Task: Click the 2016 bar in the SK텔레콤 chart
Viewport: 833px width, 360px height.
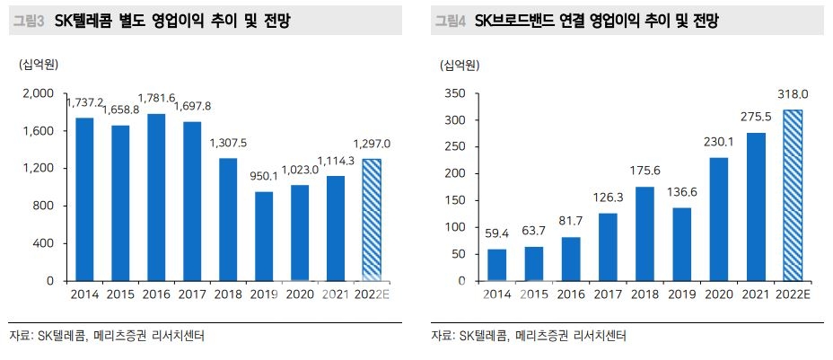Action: [155, 198]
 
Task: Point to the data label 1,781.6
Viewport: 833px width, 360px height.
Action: [155, 100]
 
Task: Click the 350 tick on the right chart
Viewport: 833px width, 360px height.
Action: [458, 94]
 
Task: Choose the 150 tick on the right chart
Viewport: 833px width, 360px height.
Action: [458, 200]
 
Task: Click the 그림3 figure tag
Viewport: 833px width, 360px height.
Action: [28, 20]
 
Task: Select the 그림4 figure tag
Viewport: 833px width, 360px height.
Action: [450, 20]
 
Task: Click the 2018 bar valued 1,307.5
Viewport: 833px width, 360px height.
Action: [228, 219]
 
